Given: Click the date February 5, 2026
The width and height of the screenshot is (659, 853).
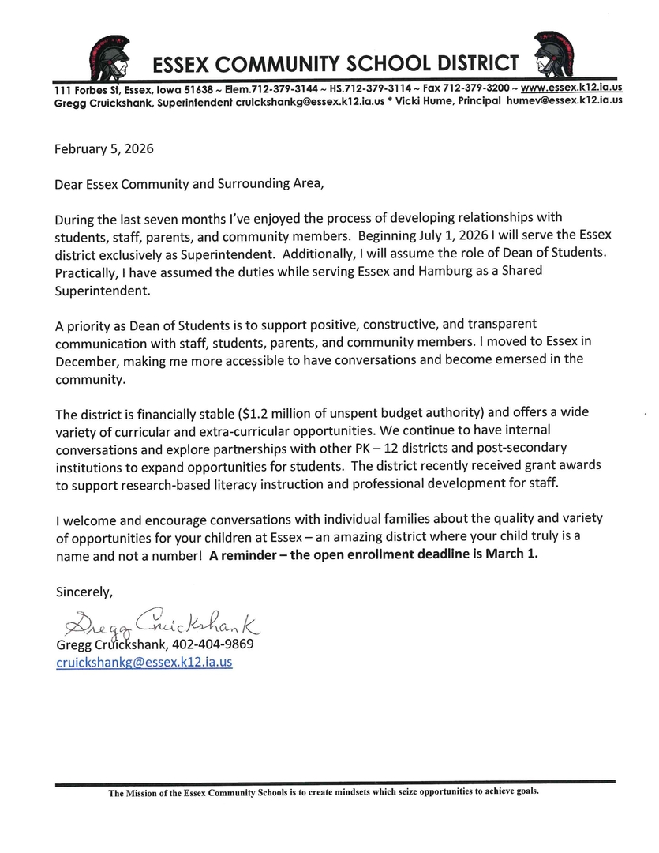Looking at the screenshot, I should point(104,148).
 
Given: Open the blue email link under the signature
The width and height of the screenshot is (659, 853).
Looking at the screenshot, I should point(144,663).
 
